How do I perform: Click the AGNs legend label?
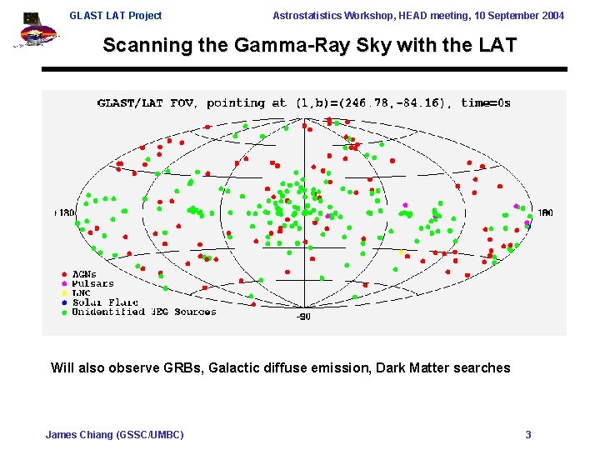[x=84, y=274]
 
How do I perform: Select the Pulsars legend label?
[x=92, y=283]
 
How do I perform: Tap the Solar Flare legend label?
[x=104, y=302]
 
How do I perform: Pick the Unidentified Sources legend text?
[x=143, y=312]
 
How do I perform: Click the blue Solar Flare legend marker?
[x=64, y=302]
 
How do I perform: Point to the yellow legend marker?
[x=64, y=293]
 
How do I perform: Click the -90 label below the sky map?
[x=303, y=317]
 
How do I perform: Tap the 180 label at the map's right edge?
[x=544, y=213]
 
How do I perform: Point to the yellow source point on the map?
[x=400, y=252]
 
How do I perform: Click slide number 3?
[x=527, y=434]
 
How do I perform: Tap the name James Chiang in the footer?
[x=78, y=434]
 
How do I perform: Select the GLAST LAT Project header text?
[x=116, y=16]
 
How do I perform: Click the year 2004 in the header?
[x=550, y=16]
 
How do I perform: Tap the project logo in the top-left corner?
[x=33, y=30]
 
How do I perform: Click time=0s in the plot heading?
[x=486, y=103]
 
